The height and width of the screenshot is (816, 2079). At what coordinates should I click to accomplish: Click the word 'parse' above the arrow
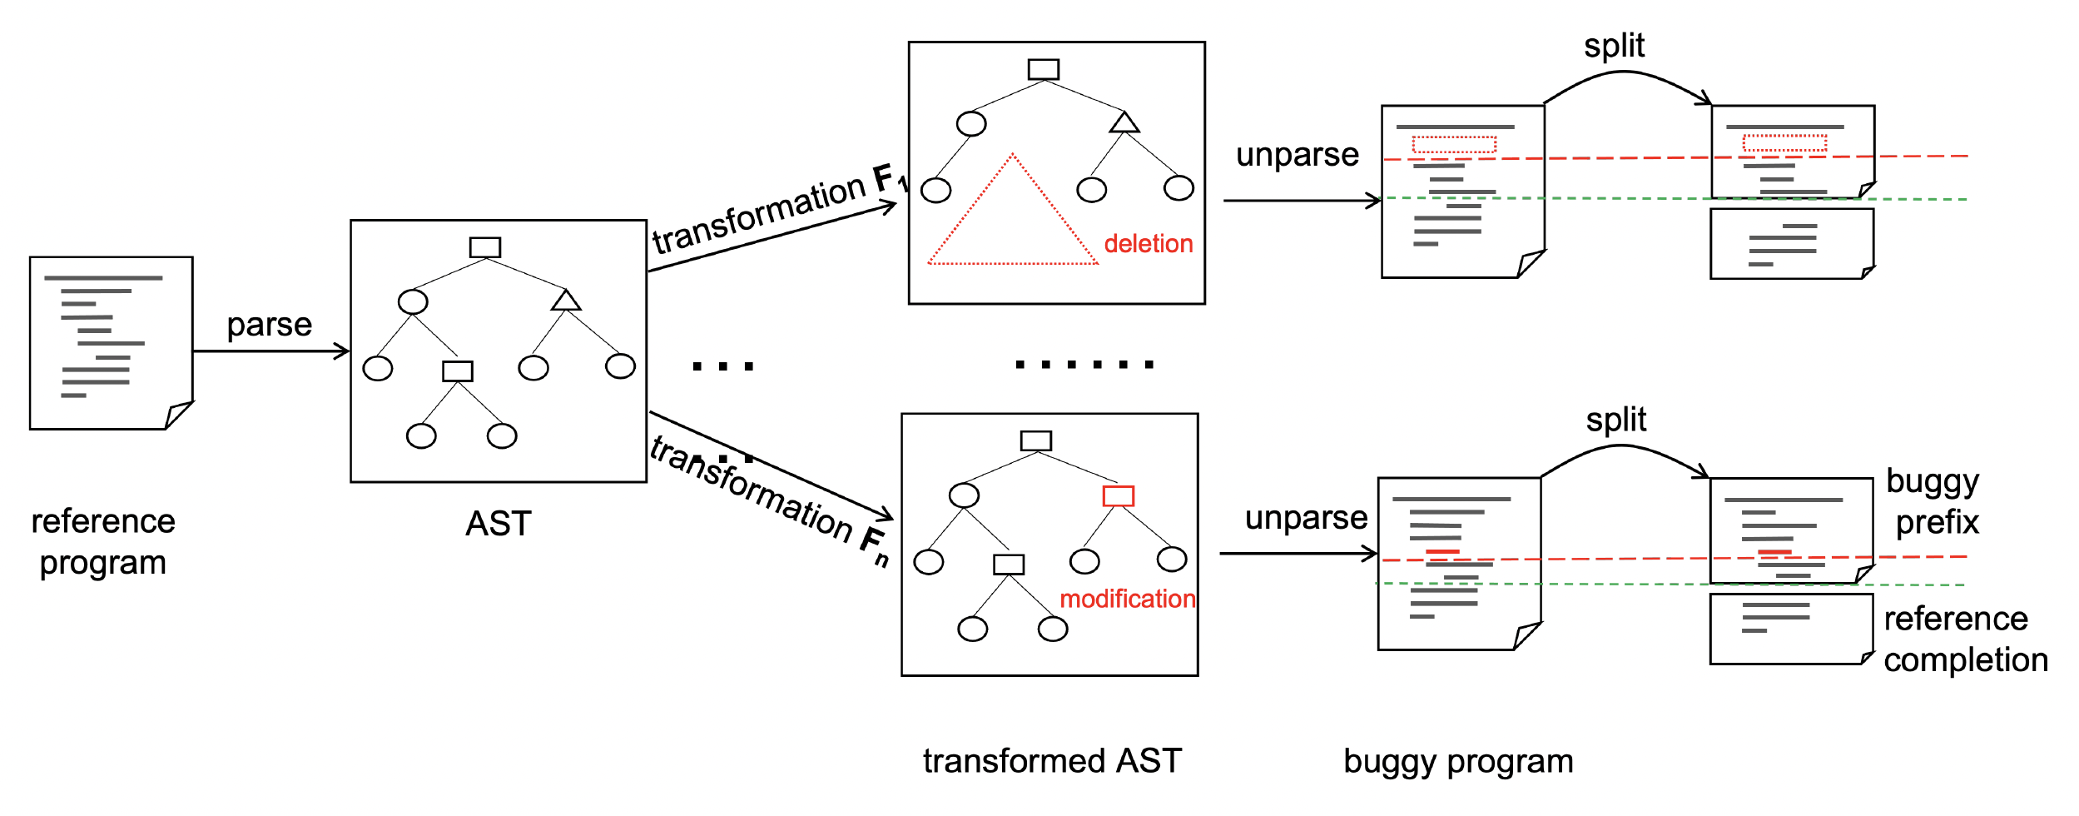coord(269,325)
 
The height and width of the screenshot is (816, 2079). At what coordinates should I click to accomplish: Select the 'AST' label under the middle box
coord(498,524)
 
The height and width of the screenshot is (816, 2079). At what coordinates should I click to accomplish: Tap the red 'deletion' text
coord(1148,244)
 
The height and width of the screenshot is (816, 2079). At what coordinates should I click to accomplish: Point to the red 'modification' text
coord(1127,599)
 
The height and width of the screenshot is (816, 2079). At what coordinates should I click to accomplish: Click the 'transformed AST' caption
coord(1052,761)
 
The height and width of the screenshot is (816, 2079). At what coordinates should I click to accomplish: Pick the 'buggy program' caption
coord(1458,761)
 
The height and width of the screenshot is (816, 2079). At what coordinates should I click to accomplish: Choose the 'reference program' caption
coord(103,542)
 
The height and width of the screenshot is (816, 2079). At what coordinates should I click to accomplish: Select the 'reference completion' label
coord(1965,639)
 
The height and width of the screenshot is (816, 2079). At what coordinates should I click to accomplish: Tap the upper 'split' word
coord(1614,46)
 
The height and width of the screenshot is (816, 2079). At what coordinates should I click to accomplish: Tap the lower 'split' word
coord(1615,420)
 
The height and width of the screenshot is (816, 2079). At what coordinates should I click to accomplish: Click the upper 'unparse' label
coord(1297,155)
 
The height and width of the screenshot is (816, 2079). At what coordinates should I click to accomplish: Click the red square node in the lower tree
coord(1118,496)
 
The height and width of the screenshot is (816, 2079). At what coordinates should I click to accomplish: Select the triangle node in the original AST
coord(566,301)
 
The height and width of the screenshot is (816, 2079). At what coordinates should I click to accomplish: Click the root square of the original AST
coord(484,247)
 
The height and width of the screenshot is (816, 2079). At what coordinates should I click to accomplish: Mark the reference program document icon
coord(111,343)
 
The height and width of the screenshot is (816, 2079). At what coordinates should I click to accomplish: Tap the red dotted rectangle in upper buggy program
coord(1454,145)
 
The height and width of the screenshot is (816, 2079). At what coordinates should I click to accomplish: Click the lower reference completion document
coord(1790,629)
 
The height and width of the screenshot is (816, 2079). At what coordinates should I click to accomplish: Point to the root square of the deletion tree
coord(1043,69)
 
